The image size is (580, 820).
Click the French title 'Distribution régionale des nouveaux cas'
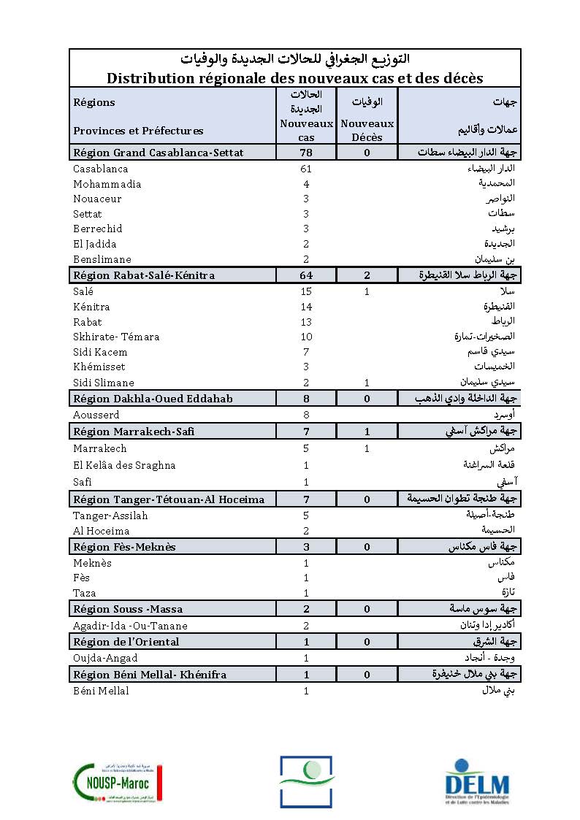tap(294, 77)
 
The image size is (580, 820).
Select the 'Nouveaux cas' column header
tap(306, 130)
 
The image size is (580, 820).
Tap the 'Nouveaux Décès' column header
tap(367, 130)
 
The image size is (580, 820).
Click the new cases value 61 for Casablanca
tap(306, 169)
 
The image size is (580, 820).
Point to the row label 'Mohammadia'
tap(107, 184)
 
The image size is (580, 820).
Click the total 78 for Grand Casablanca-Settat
tap(306, 153)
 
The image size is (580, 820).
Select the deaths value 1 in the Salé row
tap(367, 292)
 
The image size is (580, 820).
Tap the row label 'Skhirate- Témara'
tap(116, 337)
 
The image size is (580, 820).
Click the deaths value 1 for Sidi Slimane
tap(367, 383)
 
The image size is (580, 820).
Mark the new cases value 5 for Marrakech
tap(306, 448)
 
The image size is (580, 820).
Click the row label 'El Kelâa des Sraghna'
tap(124, 465)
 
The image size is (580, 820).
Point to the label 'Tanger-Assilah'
tap(110, 516)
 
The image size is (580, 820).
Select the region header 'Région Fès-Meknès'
tap(124, 547)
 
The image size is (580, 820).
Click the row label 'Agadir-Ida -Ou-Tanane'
tap(130, 626)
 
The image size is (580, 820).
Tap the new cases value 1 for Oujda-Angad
tap(306, 659)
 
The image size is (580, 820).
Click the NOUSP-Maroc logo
tap(117, 782)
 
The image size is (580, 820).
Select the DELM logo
tap(477, 782)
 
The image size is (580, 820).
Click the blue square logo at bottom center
tap(306, 781)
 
